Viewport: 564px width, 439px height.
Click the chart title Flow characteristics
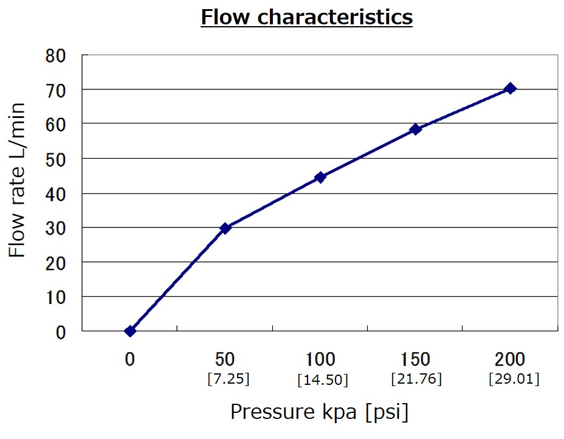click(x=306, y=18)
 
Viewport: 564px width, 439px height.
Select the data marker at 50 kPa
click(x=225, y=228)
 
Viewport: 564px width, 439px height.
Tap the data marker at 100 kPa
click(x=320, y=178)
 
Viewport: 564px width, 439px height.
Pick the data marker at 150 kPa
click(x=416, y=129)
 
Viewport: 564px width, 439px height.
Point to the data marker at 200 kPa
click(x=511, y=88)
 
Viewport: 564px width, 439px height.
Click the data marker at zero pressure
click(x=130, y=331)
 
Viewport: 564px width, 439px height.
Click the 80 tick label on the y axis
click(x=60, y=55)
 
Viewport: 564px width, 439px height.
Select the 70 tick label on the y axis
click(x=60, y=90)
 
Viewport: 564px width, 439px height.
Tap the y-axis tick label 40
click(x=60, y=193)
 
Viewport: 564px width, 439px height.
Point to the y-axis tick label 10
click(x=60, y=297)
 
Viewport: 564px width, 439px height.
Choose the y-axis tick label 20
click(x=60, y=263)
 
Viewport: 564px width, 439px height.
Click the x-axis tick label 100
click(x=321, y=359)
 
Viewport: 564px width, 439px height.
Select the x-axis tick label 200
click(x=511, y=359)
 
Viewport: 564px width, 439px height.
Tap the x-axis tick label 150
click(x=416, y=359)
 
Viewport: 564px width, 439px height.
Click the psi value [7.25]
click(x=228, y=379)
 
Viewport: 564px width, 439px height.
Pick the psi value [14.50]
click(x=323, y=380)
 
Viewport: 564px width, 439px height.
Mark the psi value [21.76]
click(x=416, y=379)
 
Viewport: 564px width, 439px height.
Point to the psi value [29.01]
click(x=514, y=379)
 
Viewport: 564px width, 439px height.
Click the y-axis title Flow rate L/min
click(x=18, y=180)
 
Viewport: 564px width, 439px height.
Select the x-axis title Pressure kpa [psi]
click(x=319, y=412)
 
